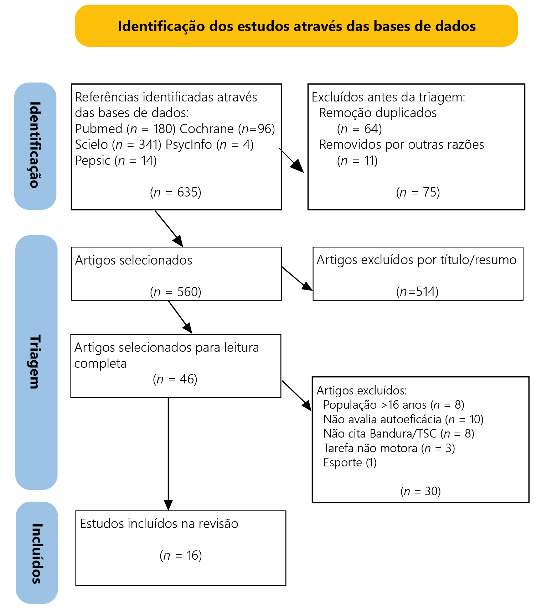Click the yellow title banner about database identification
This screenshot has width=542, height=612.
[296, 26]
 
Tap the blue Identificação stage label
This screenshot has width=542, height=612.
[35, 146]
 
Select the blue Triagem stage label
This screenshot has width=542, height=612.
[36, 362]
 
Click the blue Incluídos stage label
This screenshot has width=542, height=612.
[37, 553]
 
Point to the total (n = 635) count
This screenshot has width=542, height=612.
[176, 192]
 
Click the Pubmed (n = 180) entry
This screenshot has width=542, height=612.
[125, 129]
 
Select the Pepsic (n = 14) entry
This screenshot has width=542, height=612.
[116, 161]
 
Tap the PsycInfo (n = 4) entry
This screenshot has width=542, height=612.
[210, 145]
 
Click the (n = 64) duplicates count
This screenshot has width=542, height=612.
[359, 129]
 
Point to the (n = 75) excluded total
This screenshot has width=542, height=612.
[418, 192]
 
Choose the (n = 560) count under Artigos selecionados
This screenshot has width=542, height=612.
[176, 292]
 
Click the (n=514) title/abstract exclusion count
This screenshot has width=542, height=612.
[417, 292]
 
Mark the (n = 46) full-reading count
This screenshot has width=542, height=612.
[175, 379]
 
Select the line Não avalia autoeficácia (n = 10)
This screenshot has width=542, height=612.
[403, 419]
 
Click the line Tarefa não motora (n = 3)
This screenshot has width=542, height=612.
[389, 448]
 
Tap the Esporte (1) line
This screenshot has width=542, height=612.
[350, 462]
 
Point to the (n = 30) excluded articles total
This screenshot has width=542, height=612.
[420, 491]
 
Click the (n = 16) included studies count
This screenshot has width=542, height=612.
[181, 555]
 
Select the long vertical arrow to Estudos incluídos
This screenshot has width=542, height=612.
[168, 454]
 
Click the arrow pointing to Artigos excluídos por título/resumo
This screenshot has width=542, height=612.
[297, 279]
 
